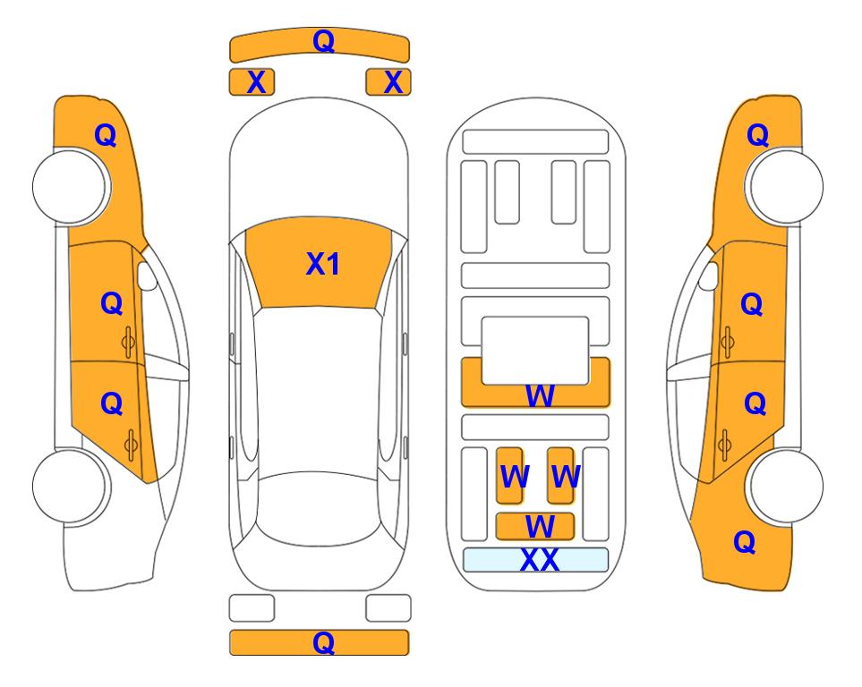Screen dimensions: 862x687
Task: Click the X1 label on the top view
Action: [x=323, y=264]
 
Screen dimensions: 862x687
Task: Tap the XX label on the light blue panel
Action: [x=539, y=560]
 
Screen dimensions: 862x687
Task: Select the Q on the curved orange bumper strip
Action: [x=323, y=40]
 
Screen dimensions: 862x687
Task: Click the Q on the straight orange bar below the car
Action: [x=323, y=642]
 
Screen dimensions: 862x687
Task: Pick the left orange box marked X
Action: [x=252, y=82]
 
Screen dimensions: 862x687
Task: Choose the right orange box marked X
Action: [x=388, y=82]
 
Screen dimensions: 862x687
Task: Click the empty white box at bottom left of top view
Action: [x=252, y=608]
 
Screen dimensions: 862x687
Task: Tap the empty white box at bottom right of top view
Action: [x=388, y=608]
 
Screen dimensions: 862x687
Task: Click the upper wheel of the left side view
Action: [x=71, y=186]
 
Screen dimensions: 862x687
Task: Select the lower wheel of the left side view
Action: [x=71, y=487]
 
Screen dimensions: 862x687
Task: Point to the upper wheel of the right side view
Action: [x=786, y=186]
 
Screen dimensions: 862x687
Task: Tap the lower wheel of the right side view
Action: [x=786, y=487]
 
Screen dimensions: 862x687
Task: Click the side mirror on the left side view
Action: [x=147, y=276]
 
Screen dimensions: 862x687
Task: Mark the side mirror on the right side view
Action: [x=708, y=276]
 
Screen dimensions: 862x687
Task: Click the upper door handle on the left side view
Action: [x=129, y=343]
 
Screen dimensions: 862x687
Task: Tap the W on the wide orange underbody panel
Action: [x=540, y=395]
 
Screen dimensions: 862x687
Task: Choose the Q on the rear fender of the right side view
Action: [x=745, y=542]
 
